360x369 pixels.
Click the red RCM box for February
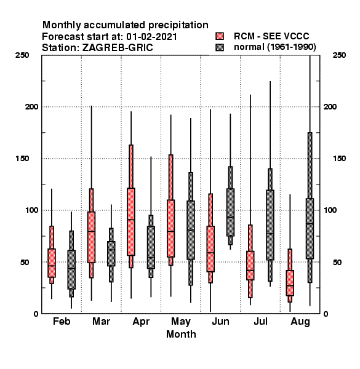tap(52, 263)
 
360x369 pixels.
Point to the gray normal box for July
tap(270, 225)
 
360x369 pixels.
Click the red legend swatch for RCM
tap(220, 36)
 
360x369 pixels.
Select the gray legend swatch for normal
tap(220, 47)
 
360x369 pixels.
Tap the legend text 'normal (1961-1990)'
tap(274, 47)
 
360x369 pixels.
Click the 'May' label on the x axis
tap(181, 322)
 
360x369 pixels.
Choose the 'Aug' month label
tap(300, 322)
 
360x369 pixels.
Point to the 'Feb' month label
tap(62, 321)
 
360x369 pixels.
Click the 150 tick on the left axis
tap(22, 159)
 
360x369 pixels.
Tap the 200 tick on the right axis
tap(330, 107)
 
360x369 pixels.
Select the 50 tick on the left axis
tap(25, 262)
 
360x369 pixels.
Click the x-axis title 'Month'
tap(181, 334)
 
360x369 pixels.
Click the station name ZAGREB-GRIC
tap(118, 48)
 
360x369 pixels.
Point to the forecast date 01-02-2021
tap(151, 37)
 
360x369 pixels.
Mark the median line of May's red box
tap(170, 231)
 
